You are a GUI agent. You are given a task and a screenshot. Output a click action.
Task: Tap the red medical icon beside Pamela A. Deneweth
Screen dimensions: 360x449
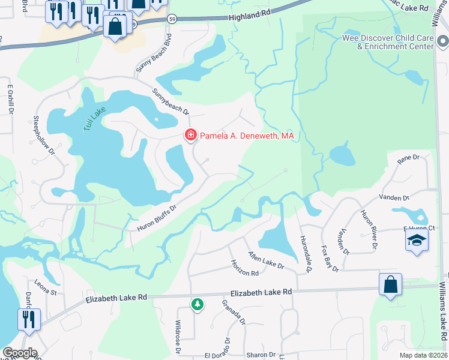pos(191,136)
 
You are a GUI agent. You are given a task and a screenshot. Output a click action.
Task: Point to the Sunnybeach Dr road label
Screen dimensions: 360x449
pos(170,102)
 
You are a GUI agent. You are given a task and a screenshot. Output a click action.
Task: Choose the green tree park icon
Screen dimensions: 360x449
pos(197,305)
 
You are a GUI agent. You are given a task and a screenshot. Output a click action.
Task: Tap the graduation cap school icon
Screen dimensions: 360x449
pos(415,242)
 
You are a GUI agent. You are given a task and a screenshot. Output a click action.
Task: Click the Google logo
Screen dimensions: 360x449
pos(20,353)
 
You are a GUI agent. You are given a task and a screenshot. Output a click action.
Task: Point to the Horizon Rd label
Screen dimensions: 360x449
pos(245,268)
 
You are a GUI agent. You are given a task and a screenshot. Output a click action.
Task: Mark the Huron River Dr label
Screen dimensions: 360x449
pos(369,229)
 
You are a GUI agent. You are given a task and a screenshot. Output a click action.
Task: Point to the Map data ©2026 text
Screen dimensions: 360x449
pos(423,355)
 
